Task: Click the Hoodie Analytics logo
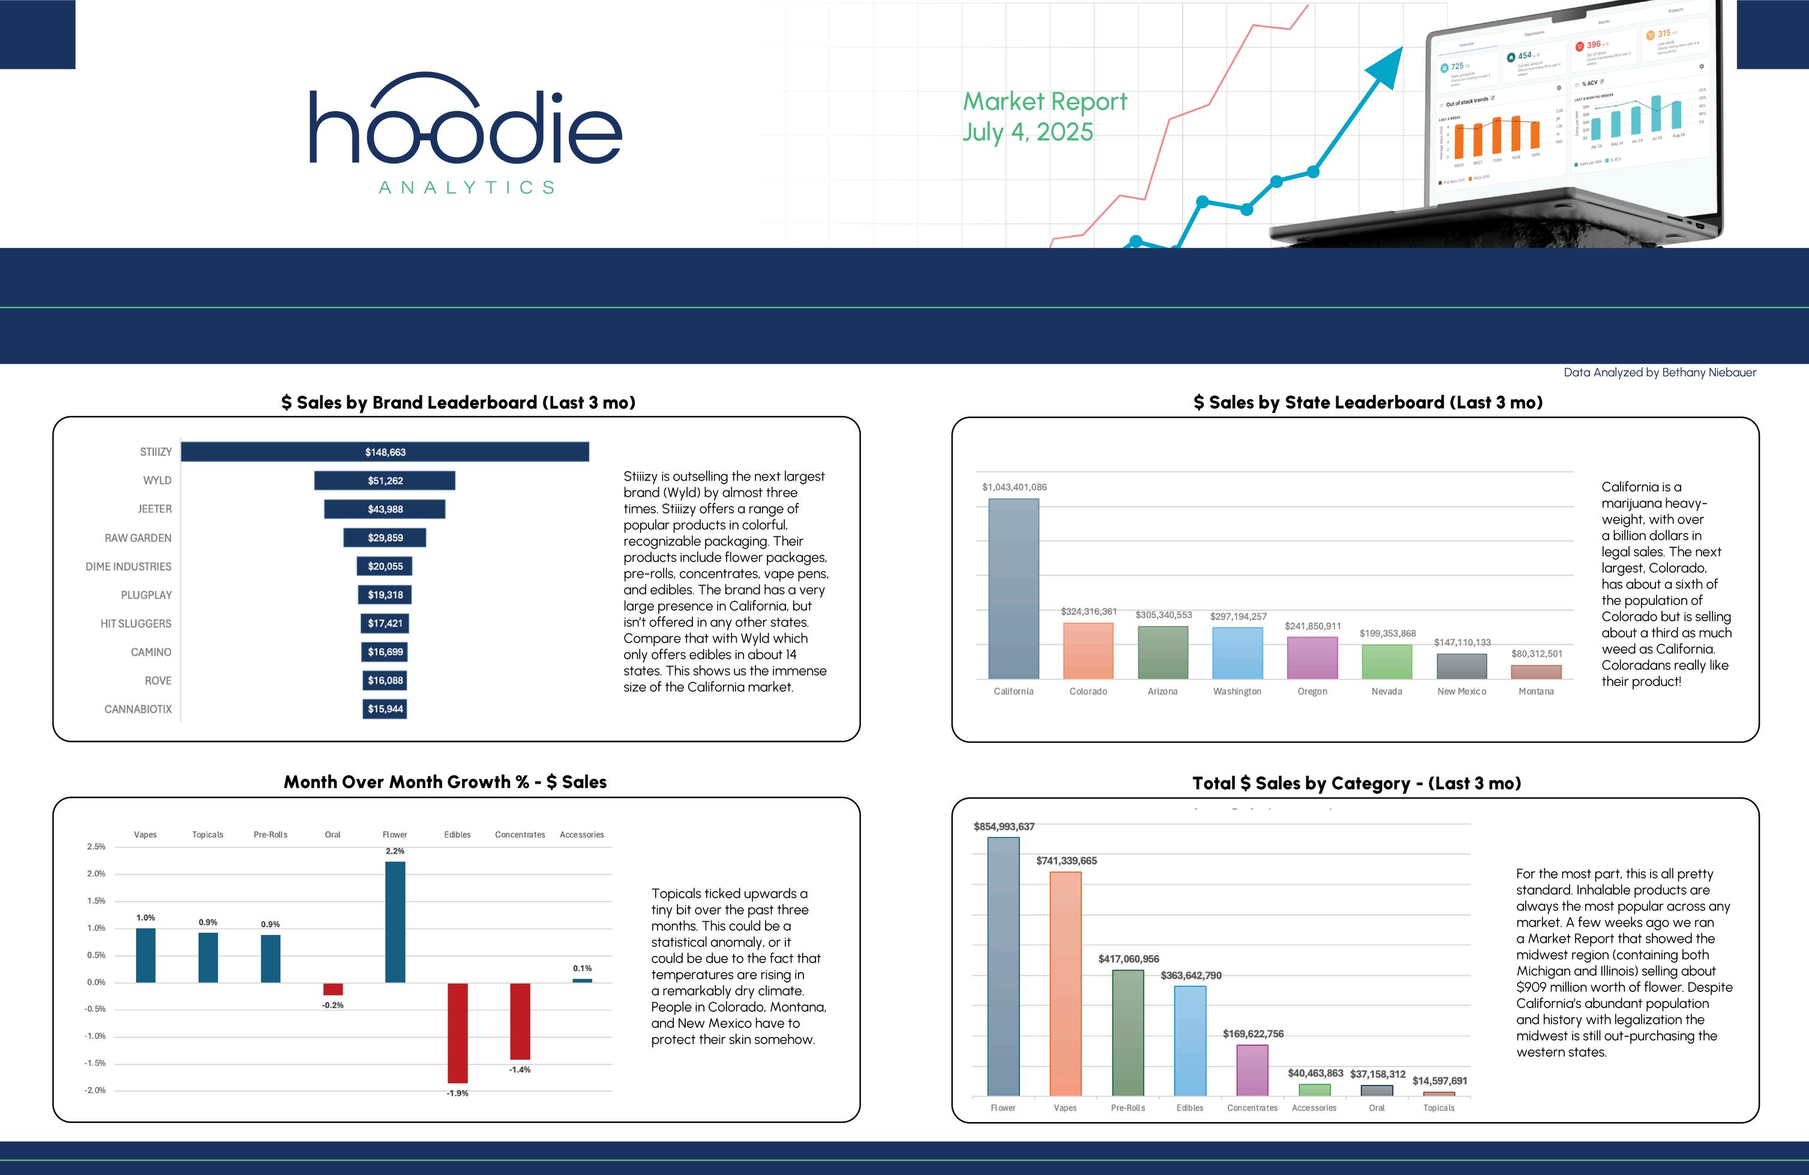pos(465,133)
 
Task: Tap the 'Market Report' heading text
pos(1045,101)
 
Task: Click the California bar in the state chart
pos(1013,589)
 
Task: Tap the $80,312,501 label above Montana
pos(1536,654)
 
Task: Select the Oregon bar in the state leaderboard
pos(1312,658)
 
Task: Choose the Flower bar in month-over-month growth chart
pos(395,921)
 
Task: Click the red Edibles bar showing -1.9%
pos(458,1032)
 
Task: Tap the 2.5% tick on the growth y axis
pos(97,847)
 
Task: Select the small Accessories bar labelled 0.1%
pos(582,981)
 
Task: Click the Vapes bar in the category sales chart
pos(1065,984)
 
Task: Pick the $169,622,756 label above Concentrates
pos(1253,1033)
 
